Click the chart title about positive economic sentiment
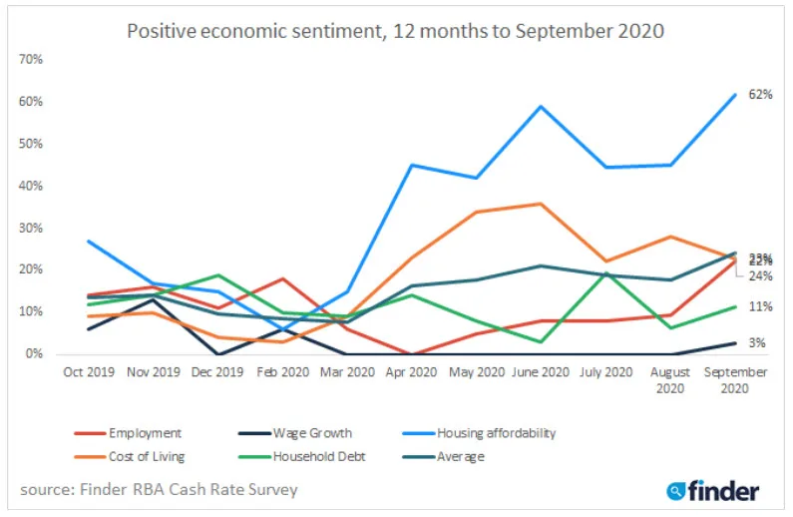(396, 30)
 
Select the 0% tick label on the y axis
(34, 353)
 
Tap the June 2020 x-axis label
(541, 372)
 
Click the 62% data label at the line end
(761, 95)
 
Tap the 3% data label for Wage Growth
(757, 343)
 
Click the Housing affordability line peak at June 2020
(541, 106)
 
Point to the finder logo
(713, 490)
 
